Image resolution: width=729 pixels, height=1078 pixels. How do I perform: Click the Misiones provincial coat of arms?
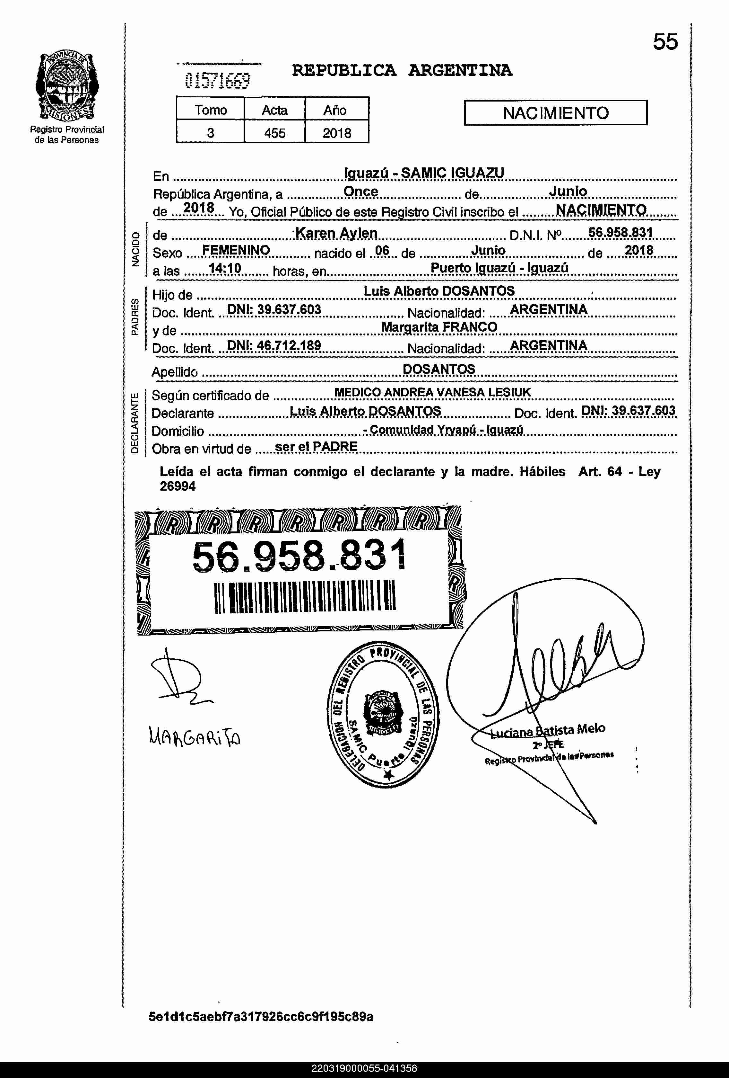(67, 86)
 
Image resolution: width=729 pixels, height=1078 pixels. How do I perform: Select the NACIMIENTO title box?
(555, 113)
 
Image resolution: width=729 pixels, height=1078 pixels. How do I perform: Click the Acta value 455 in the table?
(274, 133)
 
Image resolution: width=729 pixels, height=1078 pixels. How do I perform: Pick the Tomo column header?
(210, 110)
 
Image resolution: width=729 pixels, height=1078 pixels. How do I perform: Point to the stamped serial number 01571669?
(217, 81)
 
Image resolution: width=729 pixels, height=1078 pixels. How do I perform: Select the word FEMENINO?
(236, 251)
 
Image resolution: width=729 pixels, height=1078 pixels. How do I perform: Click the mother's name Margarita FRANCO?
(439, 327)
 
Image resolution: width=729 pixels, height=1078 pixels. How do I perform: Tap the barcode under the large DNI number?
(305, 597)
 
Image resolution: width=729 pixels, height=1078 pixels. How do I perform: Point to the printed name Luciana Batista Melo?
(547, 732)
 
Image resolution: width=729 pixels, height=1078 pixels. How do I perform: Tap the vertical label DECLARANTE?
(135, 422)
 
